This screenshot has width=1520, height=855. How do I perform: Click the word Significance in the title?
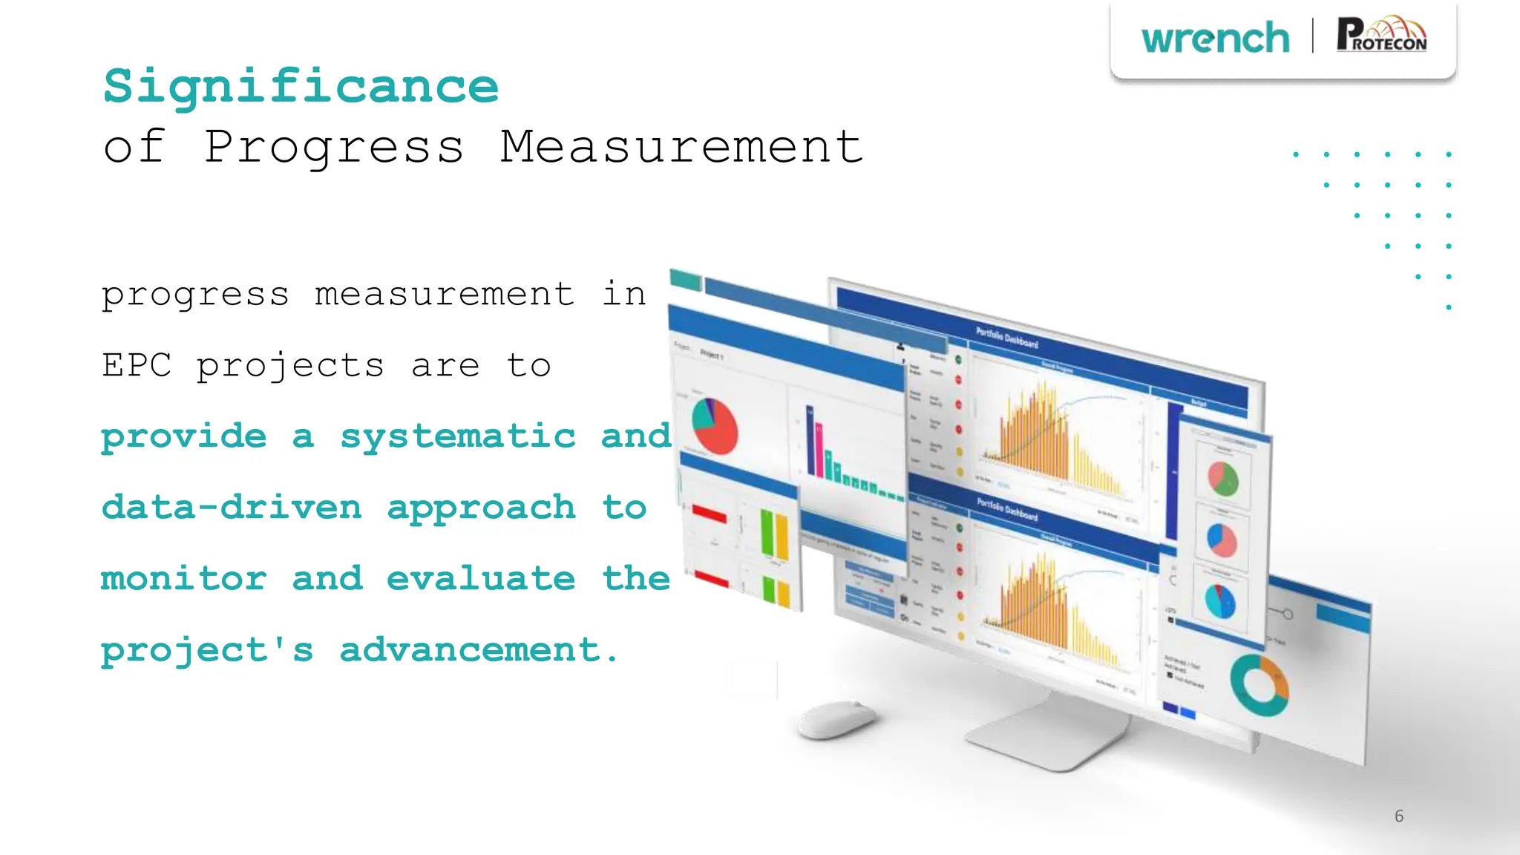(x=301, y=87)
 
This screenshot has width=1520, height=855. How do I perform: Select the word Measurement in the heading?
(x=681, y=146)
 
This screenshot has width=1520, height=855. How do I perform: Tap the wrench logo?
(x=1215, y=39)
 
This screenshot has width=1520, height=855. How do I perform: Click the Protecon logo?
(x=1381, y=36)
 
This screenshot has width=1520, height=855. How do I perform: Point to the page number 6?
(x=1399, y=816)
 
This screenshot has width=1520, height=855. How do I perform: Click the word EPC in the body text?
(x=137, y=365)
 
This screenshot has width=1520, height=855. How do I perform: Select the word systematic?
(x=457, y=436)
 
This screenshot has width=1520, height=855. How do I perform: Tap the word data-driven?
(x=232, y=507)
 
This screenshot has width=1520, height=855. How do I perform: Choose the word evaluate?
(x=480, y=578)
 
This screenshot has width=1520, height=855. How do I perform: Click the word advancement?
(x=478, y=649)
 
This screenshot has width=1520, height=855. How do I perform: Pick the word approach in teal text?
(x=481, y=508)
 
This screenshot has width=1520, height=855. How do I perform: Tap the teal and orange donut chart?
(x=1259, y=685)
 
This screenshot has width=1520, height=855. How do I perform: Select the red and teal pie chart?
(x=714, y=426)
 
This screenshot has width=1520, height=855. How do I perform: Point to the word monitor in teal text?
(x=183, y=578)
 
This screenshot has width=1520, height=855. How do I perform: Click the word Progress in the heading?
(x=333, y=148)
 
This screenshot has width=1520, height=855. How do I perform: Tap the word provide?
(x=183, y=436)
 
